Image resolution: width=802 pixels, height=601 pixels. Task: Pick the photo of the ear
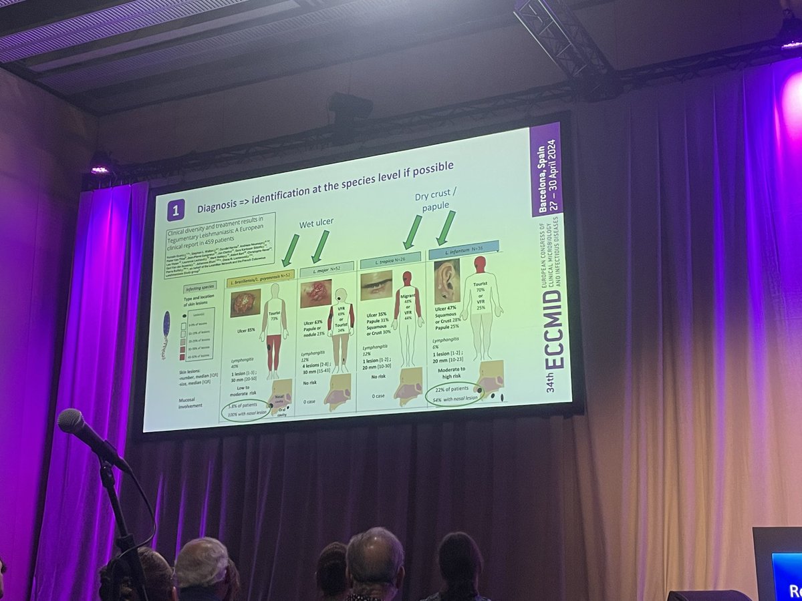coord(446,282)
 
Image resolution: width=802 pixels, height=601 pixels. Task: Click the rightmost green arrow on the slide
coord(444,227)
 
